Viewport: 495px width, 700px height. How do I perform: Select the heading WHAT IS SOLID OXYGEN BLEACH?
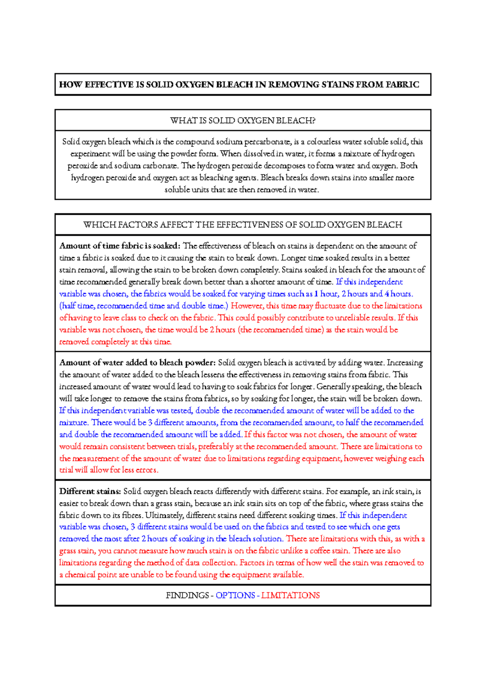point(243,121)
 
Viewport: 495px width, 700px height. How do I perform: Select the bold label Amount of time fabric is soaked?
point(120,246)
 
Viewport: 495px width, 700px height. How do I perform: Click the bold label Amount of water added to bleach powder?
point(137,363)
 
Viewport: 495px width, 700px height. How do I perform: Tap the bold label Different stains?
point(90,491)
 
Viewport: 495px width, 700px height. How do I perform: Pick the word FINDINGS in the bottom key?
point(187,596)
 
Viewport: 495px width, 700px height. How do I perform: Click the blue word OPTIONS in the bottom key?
point(235,596)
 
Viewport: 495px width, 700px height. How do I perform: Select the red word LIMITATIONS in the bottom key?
point(290,596)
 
